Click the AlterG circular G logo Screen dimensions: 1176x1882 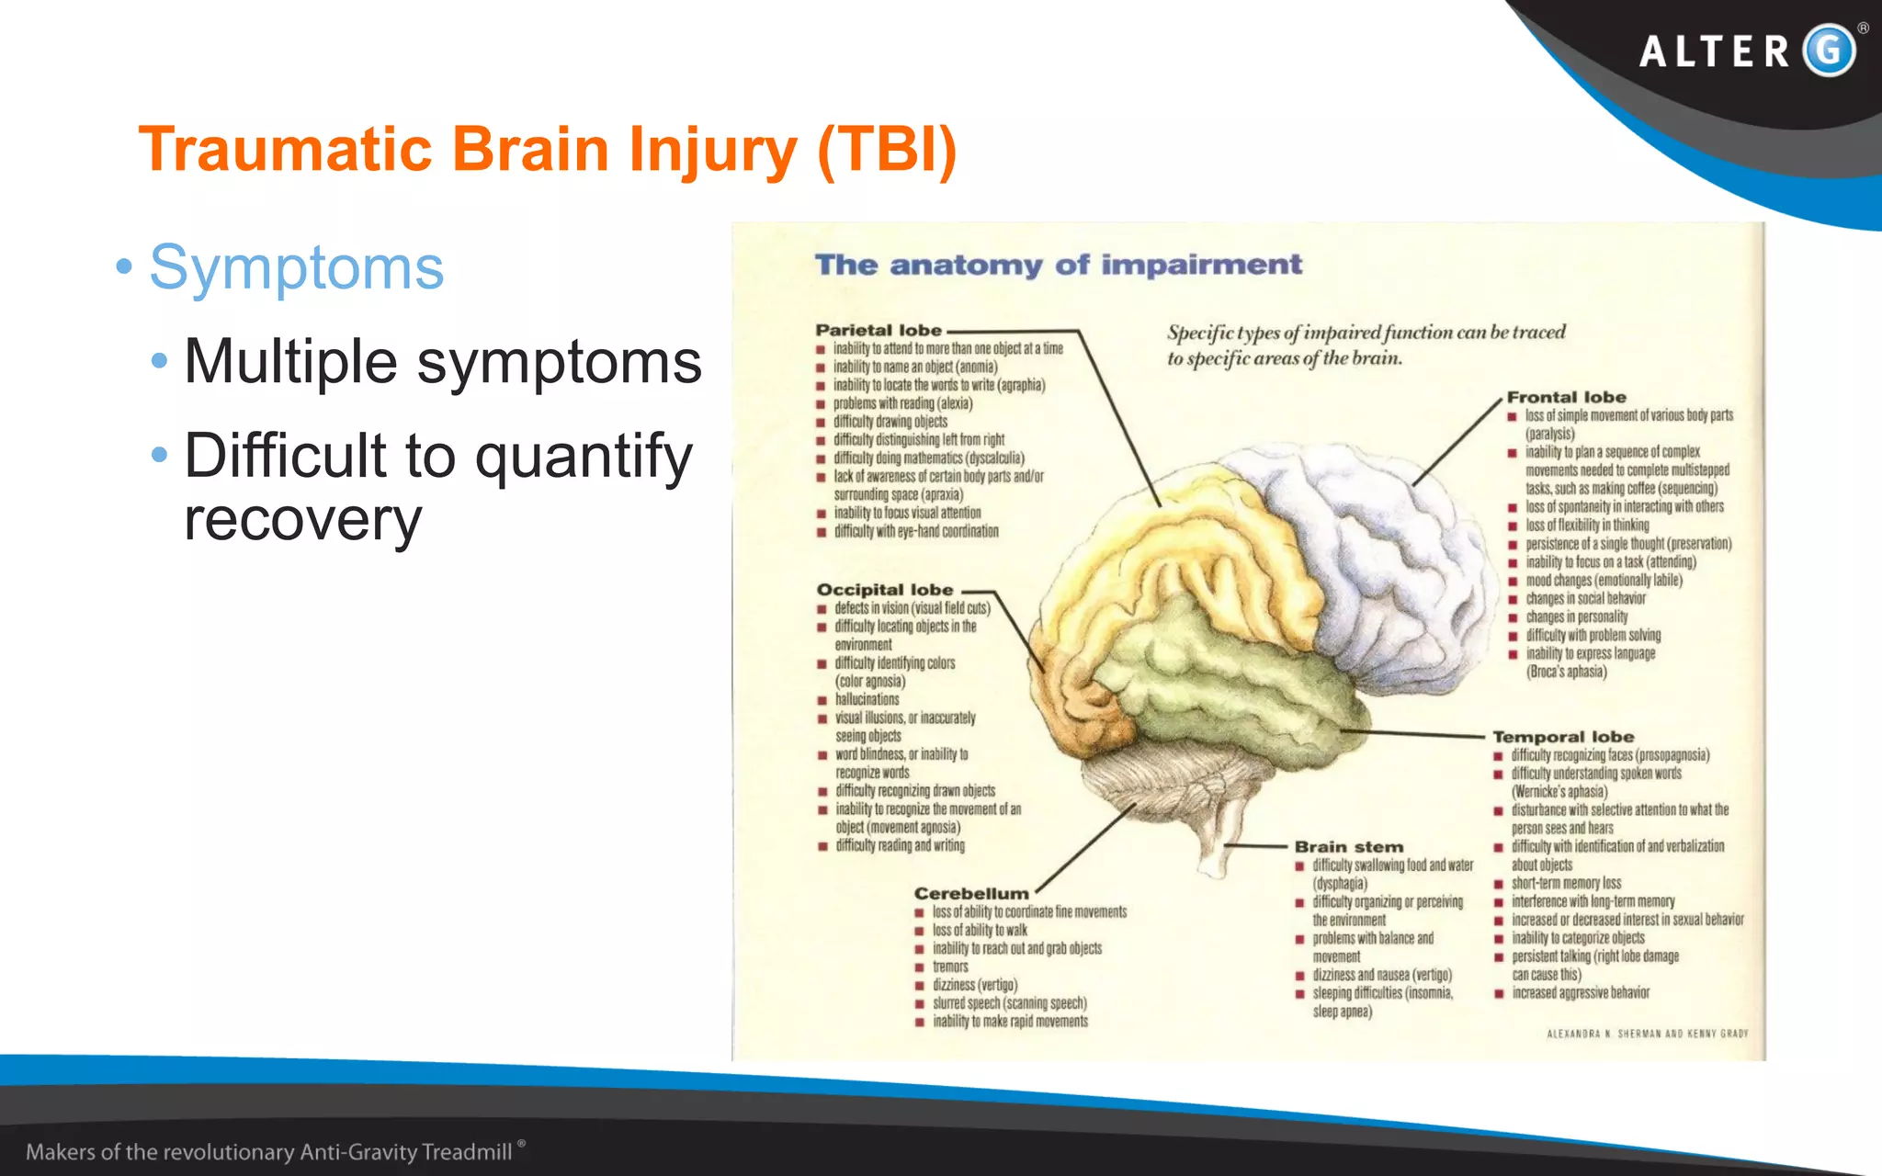tap(1829, 51)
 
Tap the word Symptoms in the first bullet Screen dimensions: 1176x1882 tap(297, 267)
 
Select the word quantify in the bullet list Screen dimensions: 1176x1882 tap(584, 457)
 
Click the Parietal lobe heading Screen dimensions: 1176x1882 tap(879, 330)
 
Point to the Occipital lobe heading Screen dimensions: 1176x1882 tap(885, 590)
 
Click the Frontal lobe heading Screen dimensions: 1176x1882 tap(1566, 397)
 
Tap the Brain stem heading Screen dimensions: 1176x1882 tap(1348, 847)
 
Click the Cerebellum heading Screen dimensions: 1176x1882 tap(971, 893)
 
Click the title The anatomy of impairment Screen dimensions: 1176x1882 tap(1059, 265)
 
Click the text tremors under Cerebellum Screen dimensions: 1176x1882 tap(950, 967)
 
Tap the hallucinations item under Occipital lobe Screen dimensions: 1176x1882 tap(867, 699)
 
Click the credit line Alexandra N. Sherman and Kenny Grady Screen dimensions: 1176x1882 tap(1647, 1034)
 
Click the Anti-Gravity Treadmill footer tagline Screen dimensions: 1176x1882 tap(269, 1152)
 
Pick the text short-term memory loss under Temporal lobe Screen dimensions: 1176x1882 tap(1566, 883)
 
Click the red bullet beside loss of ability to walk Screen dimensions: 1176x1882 tap(919, 931)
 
